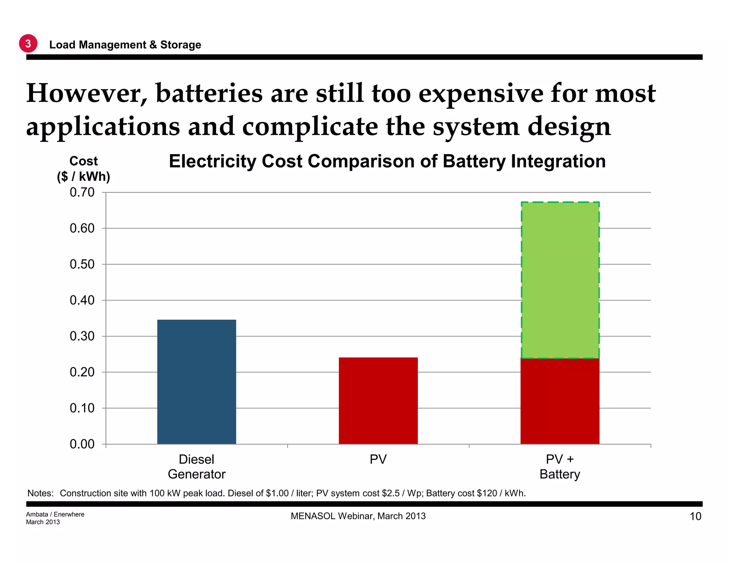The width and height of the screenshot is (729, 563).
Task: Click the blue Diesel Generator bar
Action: (196, 382)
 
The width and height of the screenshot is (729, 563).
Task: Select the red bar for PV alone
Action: (378, 400)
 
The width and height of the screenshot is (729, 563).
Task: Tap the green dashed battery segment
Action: (560, 280)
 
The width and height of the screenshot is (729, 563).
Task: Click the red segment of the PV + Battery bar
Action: (560, 401)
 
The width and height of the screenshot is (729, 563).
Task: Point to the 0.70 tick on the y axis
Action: (82, 192)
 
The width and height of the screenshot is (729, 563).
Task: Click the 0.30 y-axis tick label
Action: (82, 336)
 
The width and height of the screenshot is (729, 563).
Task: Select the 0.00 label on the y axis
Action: (82, 444)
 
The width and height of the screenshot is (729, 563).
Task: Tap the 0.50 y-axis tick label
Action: (82, 264)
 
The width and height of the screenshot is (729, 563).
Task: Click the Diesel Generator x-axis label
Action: (196, 467)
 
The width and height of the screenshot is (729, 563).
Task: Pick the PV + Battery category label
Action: (560, 467)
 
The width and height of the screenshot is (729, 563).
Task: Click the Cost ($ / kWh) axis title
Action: (84, 169)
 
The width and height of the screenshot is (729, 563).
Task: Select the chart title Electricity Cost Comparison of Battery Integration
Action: (387, 161)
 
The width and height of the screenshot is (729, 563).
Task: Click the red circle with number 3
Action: (28, 43)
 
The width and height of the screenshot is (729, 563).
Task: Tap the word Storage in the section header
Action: (180, 45)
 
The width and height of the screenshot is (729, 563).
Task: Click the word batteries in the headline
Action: (209, 93)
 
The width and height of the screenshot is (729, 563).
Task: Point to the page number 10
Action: (696, 516)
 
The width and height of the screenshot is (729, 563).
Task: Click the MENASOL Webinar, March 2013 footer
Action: (358, 516)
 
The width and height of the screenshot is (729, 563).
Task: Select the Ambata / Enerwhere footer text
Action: (55, 514)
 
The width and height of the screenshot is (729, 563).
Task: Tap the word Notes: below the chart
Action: (41, 493)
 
